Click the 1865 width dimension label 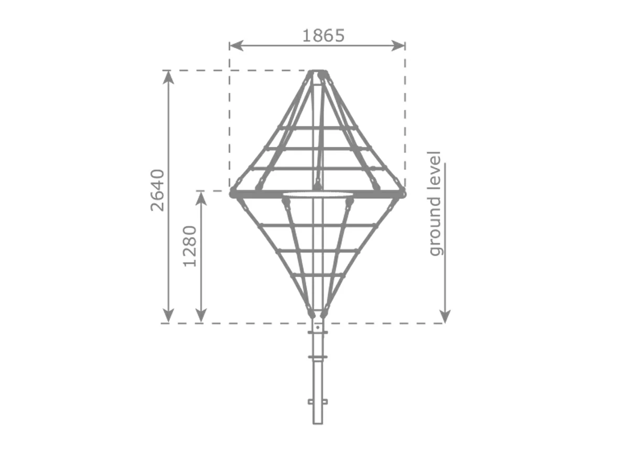[324, 36]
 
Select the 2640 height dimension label [158, 190]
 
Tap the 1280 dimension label [190, 246]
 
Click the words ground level [435, 203]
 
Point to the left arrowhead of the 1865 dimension [236, 46]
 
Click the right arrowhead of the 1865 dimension [398, 46]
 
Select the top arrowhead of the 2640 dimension [169, 77]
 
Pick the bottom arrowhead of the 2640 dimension [169, 316]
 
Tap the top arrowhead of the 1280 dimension [201, 199]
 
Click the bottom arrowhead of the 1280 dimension [201, 316]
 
